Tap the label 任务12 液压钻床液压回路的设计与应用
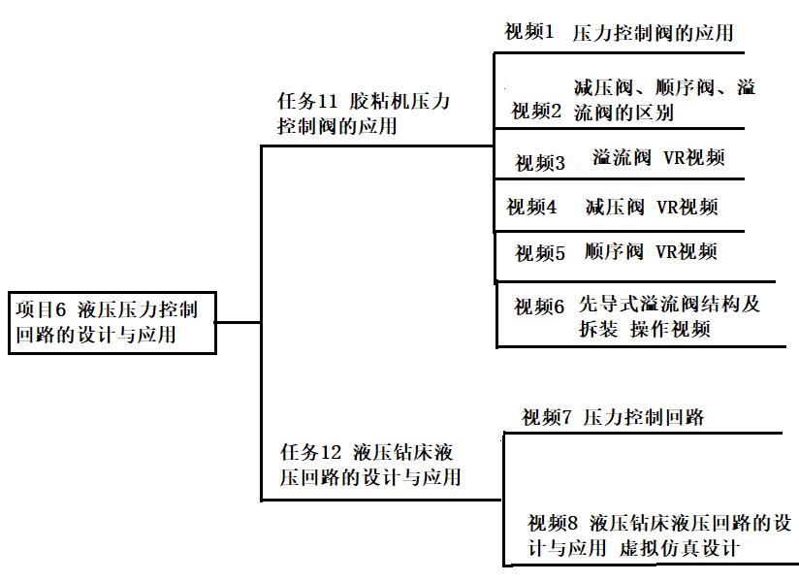(370, 465)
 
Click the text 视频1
(529, 32)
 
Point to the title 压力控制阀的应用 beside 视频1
(653, 33)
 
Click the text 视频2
(536, 112)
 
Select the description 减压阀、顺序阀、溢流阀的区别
(664, 100)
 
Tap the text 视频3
(540, 163)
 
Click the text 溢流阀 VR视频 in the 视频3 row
(658, 159)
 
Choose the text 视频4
(531, 207)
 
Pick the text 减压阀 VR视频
(652, 207)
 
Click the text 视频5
(540, 254)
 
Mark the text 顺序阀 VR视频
(652, 252)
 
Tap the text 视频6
(539, 307)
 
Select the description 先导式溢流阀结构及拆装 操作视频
(669, 316)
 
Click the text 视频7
(547, 419)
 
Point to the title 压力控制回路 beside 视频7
(644, 419)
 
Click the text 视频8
(554, 521)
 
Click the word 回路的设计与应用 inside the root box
(96, 337)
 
